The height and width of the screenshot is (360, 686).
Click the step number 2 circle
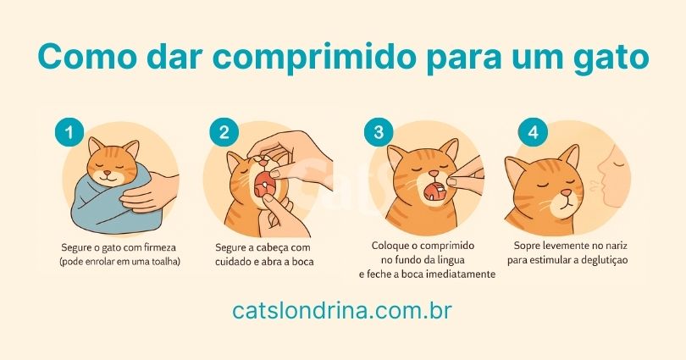(x=223, y=132)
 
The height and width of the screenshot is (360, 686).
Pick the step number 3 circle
(x=378, y=132)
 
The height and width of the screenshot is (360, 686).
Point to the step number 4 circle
(x=531, y=132)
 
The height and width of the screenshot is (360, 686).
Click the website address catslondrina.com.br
(x=342, y=311)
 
